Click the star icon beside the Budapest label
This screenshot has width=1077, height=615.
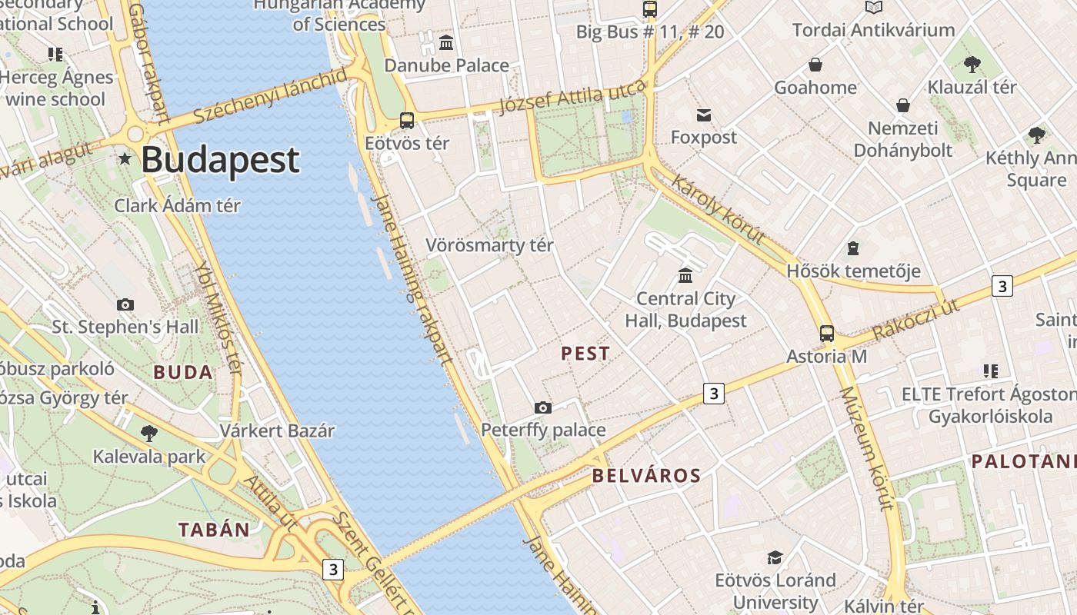tap(125, 159)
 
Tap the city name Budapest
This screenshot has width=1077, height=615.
tap(220, 160)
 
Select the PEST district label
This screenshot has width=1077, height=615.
tap(585, 354)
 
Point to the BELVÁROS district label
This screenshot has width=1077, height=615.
tap(646, 476)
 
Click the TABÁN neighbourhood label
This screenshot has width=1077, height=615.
tap(214, 530)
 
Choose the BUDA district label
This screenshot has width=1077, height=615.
tap(182, 373)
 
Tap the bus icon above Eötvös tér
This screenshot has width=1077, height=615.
tap(406, 121)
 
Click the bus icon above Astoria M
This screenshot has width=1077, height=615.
tap(826, 334)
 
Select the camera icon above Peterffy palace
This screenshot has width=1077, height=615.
tap(543, 407)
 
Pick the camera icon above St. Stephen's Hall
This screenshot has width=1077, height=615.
tap(125, 304)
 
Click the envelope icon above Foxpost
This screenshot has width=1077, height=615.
tap(703, 115)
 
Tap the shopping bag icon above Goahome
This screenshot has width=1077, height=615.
tap(815, 65)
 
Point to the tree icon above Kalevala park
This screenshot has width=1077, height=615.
tap(149, 434)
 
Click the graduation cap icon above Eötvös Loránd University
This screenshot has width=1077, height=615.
tap(775, 557)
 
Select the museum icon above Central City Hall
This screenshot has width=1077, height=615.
tap(685, 275)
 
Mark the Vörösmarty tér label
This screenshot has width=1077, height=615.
tap(490, 246)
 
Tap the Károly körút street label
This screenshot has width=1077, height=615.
tap(719, 209)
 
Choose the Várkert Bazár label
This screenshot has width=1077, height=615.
tap(277, 430)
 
